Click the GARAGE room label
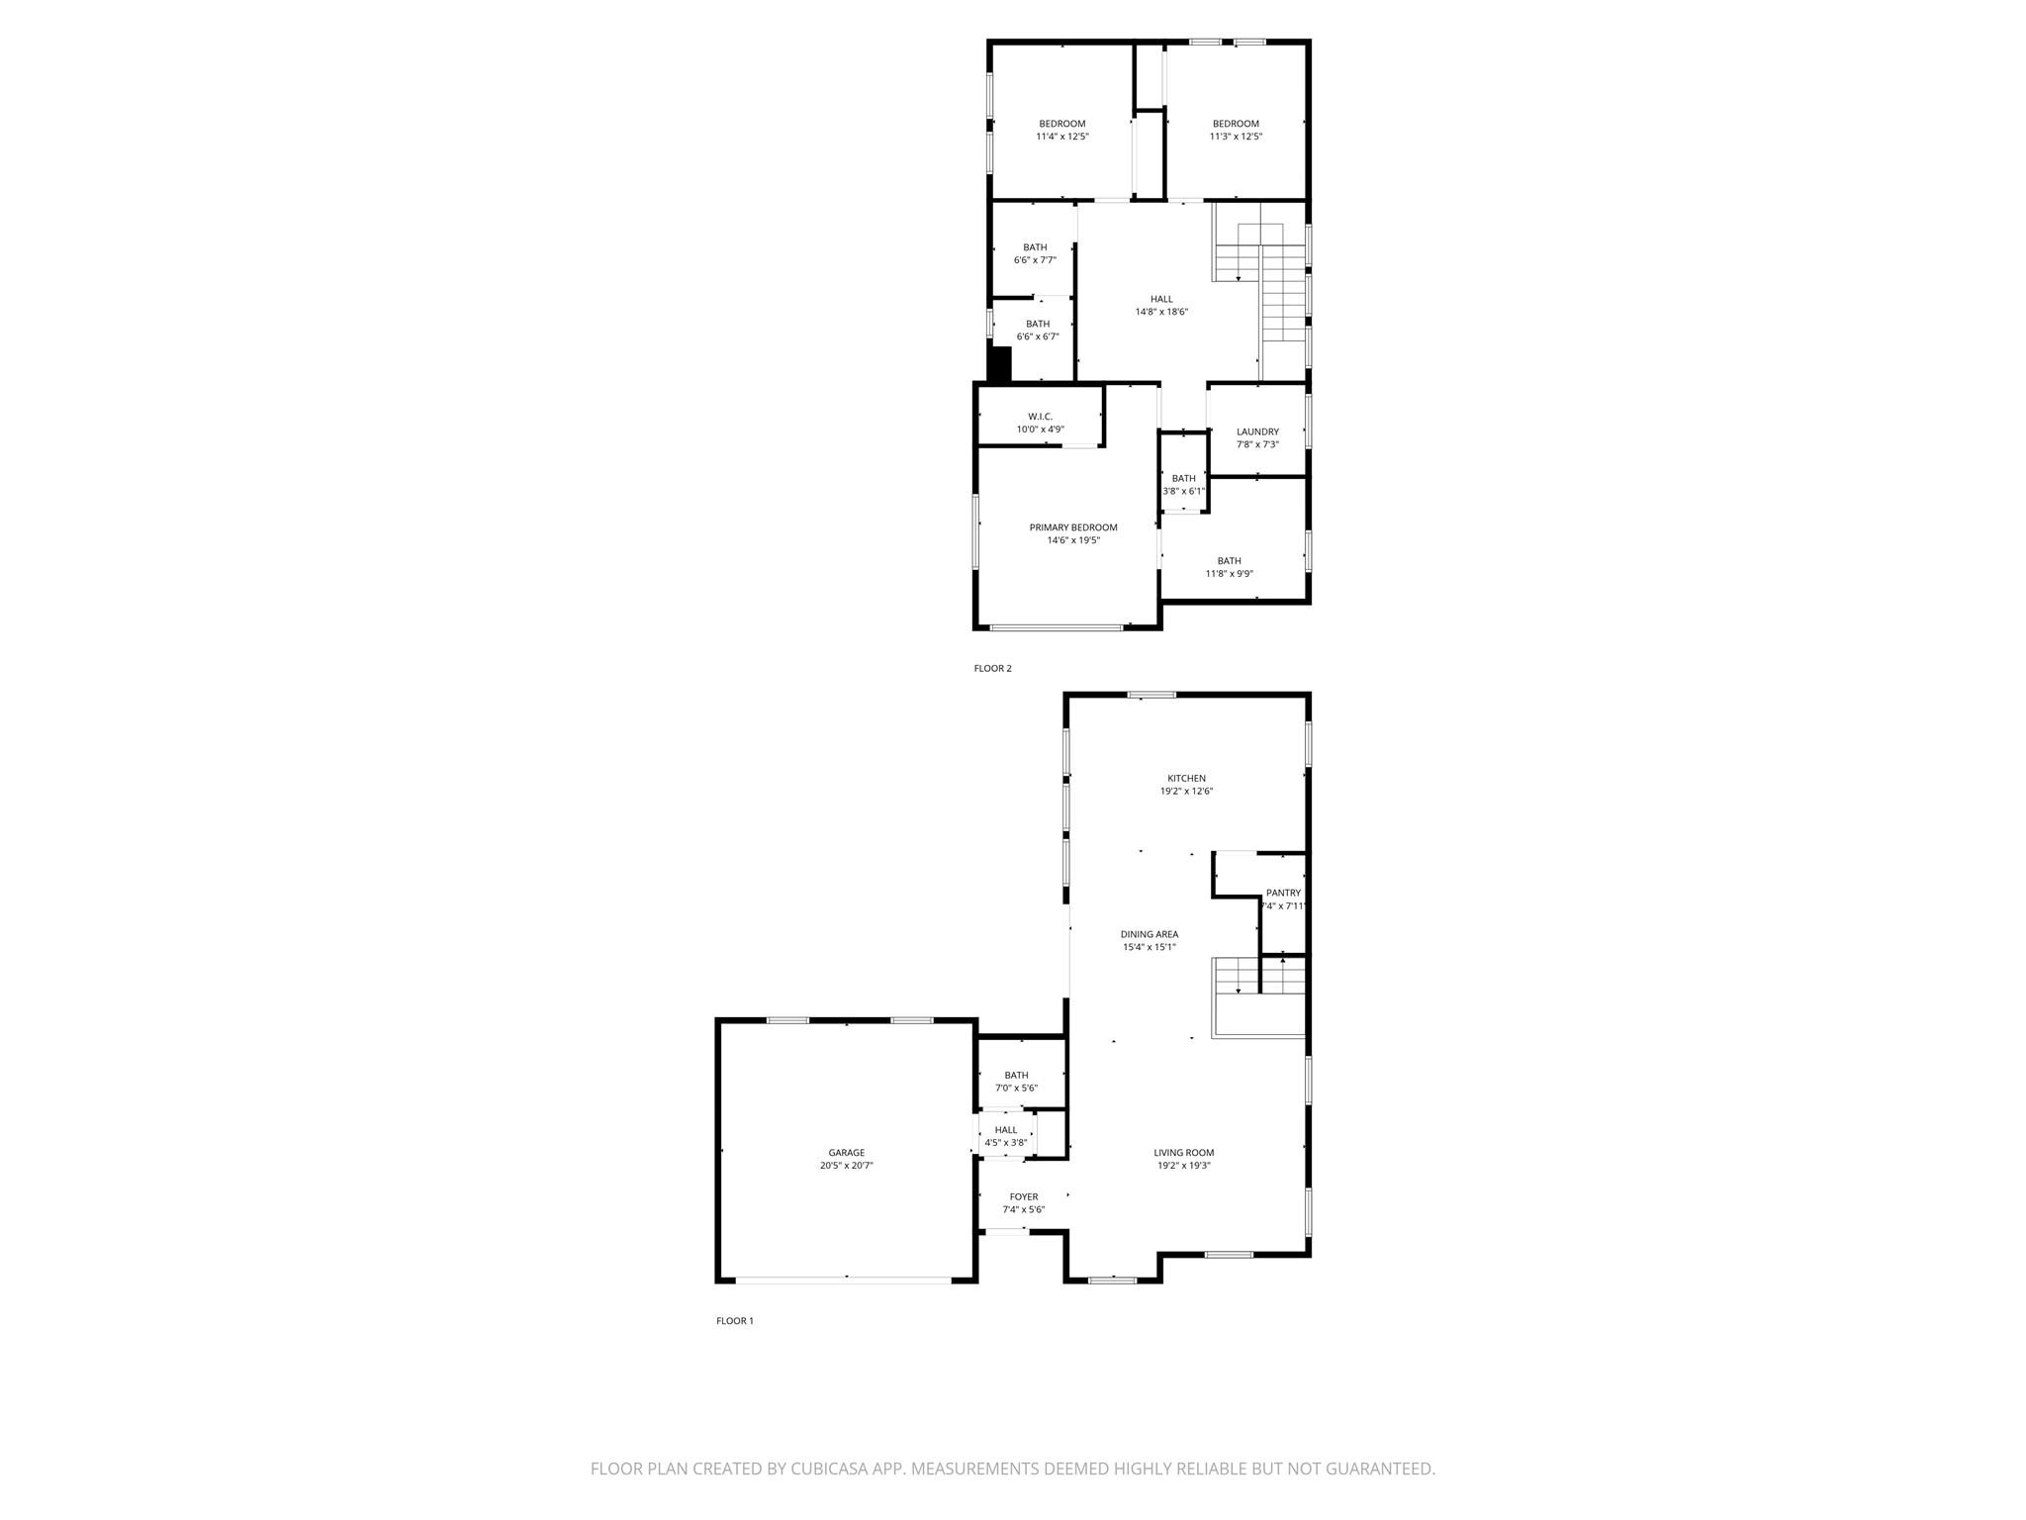846,1152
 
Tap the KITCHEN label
1186,778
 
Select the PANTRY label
1283,893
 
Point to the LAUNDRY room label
1257,431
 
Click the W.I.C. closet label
1040,417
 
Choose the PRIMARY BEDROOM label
1073,527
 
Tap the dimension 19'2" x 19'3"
1183,1166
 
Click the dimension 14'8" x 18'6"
1161,312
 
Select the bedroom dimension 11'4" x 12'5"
1061,137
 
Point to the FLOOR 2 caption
992,668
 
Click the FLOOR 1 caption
735,1320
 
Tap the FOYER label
1023,1196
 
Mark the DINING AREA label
1149,934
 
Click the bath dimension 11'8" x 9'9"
1229,574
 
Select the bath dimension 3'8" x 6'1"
1183,491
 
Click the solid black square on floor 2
1000,363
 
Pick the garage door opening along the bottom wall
844,1281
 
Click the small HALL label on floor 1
1005,1130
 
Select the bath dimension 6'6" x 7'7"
1035,260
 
